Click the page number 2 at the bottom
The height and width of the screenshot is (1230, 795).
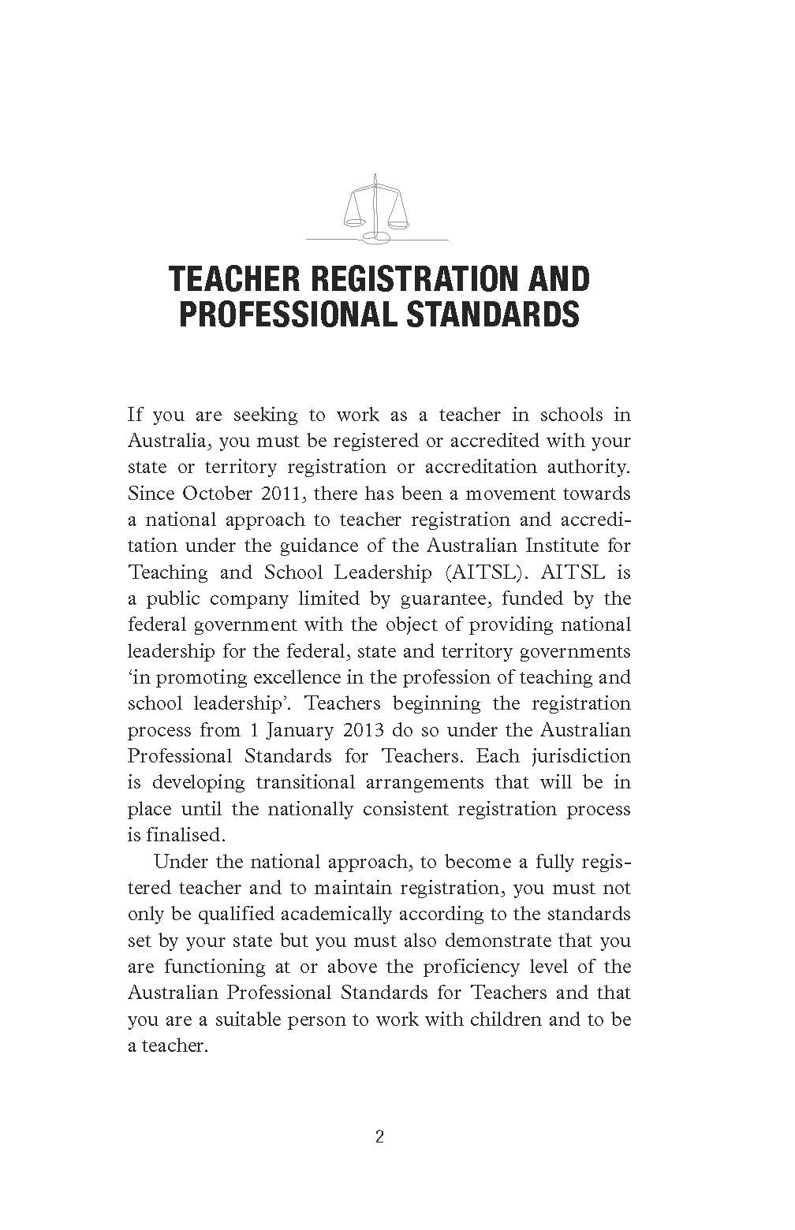coord(379,1138)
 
